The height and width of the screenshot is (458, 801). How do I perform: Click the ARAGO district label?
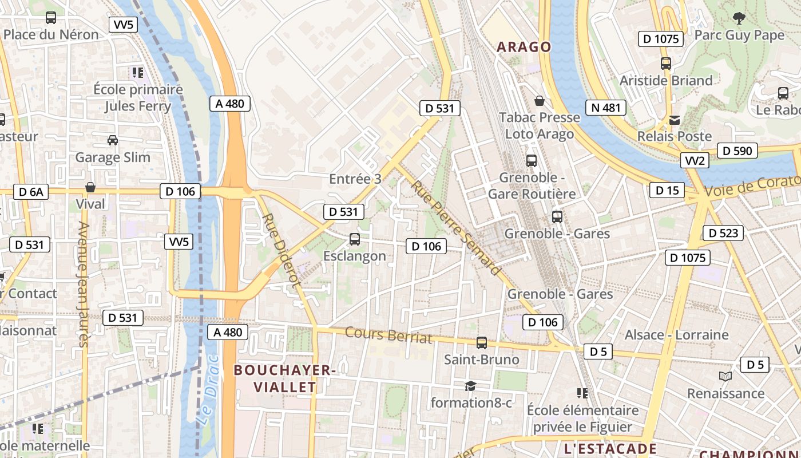click(524, 47)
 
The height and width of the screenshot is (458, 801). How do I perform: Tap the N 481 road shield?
click(606, 108)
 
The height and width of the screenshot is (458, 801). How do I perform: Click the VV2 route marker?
click(695, 160)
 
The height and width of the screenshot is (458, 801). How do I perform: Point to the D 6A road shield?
click(31, 192)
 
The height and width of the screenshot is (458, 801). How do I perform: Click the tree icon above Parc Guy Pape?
click(739, 18)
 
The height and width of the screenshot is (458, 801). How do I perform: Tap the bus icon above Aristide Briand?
click(666, 64)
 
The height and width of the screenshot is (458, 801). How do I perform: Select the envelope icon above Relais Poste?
click(675, 120)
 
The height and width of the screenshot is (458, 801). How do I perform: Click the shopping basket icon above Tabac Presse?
click(539, 101)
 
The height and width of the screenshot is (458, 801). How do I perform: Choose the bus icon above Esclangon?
click(355, 239)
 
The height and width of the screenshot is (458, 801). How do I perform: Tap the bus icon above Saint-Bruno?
click(482, 343)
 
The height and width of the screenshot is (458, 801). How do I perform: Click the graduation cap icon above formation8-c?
click(470, 386)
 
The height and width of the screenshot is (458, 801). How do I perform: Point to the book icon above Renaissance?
click(725, 376)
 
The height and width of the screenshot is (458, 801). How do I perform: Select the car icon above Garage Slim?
click(113, 140)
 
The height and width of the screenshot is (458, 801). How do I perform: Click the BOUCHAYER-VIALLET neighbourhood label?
click(285, 378)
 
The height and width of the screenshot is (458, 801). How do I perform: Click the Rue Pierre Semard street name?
click(455, 227)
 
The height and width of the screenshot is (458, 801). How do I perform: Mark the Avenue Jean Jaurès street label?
click(83, 284)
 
